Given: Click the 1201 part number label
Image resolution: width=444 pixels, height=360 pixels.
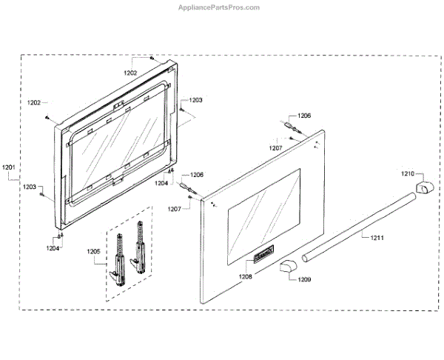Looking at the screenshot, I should pos(9,167).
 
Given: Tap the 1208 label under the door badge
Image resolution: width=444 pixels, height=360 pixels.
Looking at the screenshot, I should pos(246,276).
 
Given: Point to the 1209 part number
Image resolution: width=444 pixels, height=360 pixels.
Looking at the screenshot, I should pos(305,280).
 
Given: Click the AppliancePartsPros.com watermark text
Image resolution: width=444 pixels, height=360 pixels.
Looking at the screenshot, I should pos(218,7).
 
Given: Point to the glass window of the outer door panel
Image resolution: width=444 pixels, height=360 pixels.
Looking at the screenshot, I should pos(263,215).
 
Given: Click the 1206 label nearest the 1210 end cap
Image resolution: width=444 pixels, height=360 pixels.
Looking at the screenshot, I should pos(304,116).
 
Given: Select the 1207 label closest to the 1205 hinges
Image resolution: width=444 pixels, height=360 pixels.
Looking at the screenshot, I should pos(175,210).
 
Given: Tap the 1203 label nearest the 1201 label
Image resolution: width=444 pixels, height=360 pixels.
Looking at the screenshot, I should pos(30,187).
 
